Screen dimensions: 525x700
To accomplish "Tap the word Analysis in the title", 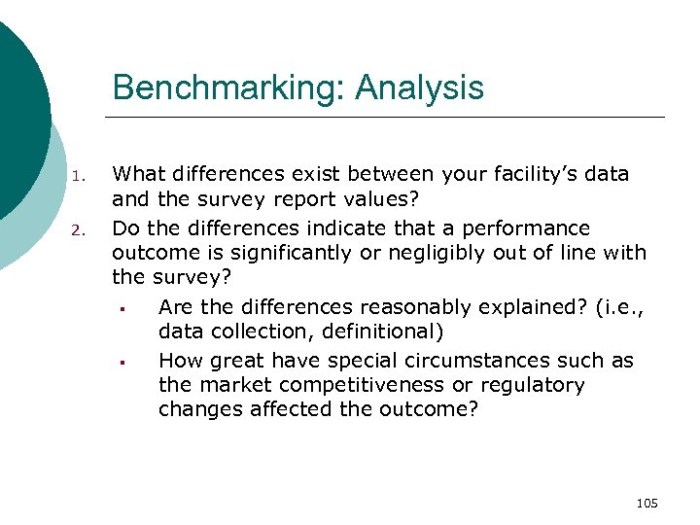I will coord(420,88).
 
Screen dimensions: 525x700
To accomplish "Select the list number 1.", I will coord(81,177).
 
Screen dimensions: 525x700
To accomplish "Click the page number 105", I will coord(647,503).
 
